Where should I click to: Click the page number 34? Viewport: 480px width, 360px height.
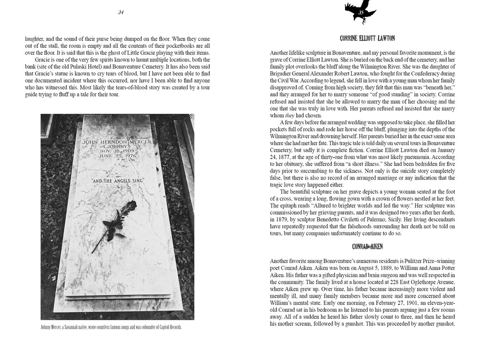120,13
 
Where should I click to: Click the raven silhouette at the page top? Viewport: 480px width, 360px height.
360,12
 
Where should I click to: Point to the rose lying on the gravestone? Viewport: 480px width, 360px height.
115,226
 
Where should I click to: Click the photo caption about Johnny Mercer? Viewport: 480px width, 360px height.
111,327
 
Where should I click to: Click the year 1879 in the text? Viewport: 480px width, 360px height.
283,218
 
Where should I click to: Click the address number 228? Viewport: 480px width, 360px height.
380,284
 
